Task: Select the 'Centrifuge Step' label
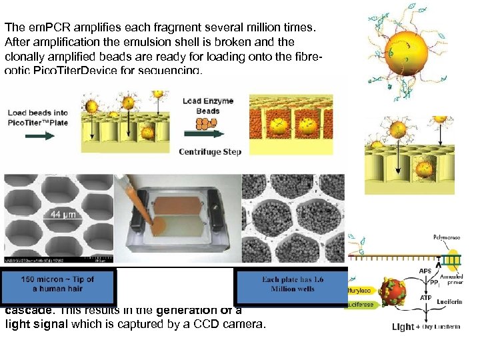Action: pyautogui.click(x=210, y=152)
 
